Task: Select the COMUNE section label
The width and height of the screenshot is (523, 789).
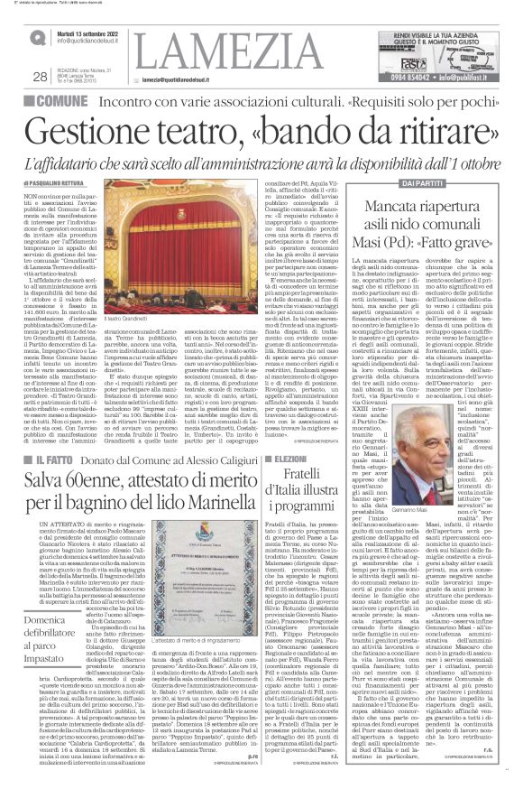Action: coord(58,104)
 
